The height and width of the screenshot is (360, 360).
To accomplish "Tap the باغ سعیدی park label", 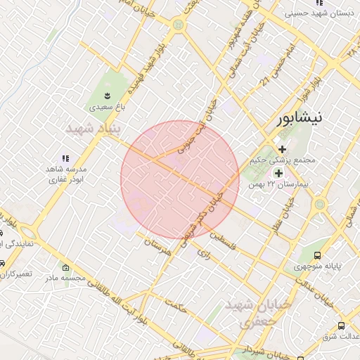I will coord(107,108).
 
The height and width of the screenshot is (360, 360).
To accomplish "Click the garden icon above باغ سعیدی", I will coord(107,96).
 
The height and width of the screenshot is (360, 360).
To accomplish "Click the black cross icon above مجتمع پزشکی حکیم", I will coord(282,149).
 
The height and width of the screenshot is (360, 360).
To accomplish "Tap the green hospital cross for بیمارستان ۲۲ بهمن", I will coord(278,173).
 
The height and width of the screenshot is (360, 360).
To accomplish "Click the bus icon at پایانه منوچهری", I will coord(318,256).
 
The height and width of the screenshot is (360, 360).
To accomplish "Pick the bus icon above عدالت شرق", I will coord(341,326).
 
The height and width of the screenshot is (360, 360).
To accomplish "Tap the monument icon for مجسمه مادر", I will coord(66,268).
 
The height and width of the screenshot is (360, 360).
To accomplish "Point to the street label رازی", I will coord(204,251).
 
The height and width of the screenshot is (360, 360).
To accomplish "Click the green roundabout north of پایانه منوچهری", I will coord(320,205).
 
